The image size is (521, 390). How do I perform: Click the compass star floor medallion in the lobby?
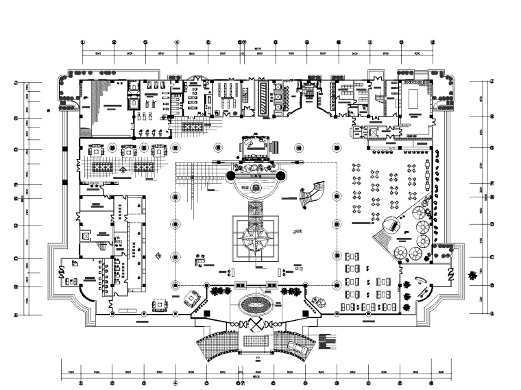255,239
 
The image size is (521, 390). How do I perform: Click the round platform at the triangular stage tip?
391,225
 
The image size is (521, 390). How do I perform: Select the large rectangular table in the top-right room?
413,98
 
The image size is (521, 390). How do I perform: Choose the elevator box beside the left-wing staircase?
86,235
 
